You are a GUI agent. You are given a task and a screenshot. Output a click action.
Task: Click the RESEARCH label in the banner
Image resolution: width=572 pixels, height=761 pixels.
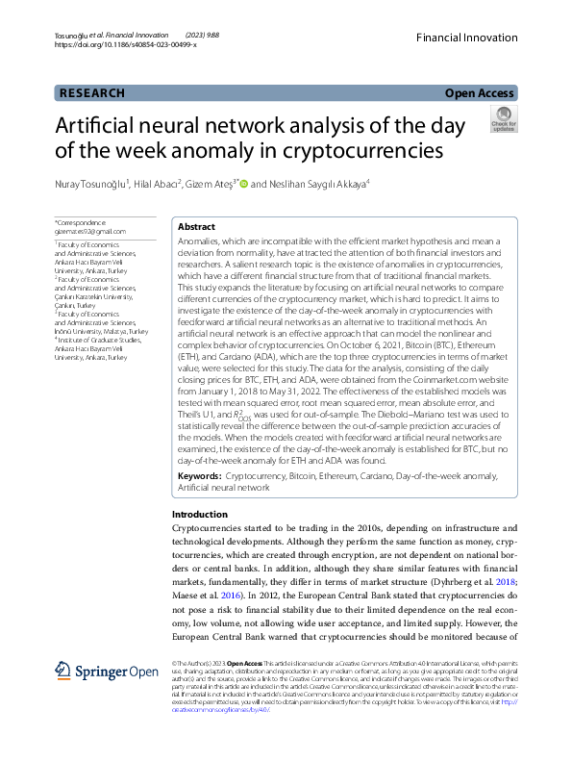[x=92, y=93]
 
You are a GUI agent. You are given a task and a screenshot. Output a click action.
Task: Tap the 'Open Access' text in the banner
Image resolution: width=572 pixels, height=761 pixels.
[x=479, y=93]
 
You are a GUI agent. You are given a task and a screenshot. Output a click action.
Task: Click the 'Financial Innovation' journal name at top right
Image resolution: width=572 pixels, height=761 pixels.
[x=466, y=35]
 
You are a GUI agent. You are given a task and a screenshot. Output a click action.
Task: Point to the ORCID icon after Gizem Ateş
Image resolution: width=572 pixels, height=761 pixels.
[x=243, y=184]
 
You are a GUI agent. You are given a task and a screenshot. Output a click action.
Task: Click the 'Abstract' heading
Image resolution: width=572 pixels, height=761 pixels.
[x=197, y=226]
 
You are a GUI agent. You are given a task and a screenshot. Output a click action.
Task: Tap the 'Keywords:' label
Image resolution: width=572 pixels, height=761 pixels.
[x=202, y=476]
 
